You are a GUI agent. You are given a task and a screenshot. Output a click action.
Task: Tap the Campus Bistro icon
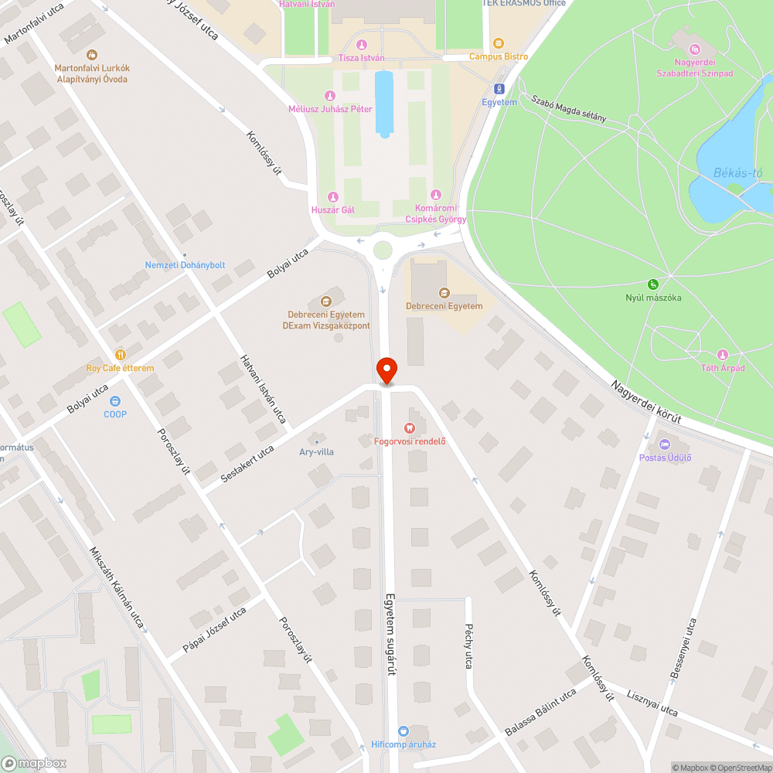(498, 43)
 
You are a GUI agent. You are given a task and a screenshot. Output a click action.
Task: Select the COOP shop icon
(115, 400)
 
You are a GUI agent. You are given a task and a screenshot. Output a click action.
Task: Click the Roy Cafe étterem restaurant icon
(119, 354)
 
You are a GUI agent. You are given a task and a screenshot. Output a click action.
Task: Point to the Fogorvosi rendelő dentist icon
(410, 427)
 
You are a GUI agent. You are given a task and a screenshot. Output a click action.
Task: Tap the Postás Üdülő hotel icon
(665, 444)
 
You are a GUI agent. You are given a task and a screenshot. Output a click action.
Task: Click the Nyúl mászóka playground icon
(653, 284)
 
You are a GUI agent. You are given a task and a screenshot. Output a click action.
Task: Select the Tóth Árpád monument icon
(723, 354)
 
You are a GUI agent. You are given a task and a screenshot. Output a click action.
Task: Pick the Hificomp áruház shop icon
(403, 730)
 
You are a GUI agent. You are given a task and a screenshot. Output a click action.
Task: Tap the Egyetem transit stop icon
(499, 89)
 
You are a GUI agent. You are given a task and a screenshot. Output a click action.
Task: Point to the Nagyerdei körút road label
(645, 401)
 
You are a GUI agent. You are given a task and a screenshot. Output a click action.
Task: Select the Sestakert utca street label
(247, 464)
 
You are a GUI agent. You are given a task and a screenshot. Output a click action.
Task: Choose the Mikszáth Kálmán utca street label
(117, 587)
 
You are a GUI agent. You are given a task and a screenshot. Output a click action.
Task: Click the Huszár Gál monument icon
(333, 196)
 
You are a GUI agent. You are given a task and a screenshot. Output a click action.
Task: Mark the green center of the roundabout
(383, 250)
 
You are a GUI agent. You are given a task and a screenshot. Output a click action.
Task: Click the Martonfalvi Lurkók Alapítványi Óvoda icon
(92, 55)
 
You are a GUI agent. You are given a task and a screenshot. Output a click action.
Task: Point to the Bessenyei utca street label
(683, 649)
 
